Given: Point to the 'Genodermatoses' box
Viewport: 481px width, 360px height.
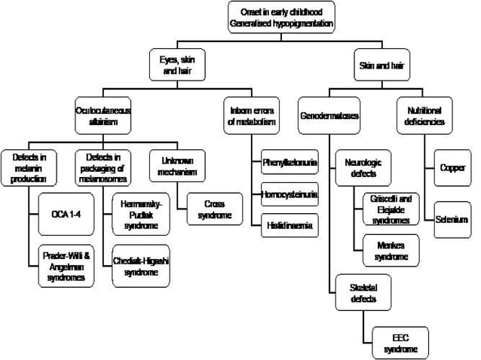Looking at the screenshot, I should point(329,117).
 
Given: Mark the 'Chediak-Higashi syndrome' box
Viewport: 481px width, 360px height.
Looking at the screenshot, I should point(140,267).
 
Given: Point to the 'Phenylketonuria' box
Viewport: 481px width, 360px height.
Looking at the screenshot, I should point(290,162).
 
